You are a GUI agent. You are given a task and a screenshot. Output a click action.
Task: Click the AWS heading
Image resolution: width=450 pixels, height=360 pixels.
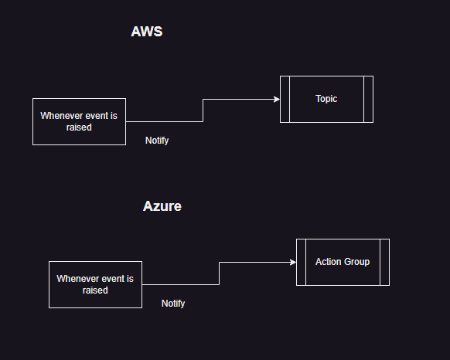pos(147,32)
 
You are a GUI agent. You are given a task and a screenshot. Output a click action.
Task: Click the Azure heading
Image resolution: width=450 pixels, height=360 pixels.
pos(162,206)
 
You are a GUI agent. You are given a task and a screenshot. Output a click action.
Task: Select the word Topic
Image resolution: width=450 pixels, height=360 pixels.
pos(326,99)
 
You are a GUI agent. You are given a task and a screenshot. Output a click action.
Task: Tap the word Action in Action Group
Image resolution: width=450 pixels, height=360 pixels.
pos(329,262)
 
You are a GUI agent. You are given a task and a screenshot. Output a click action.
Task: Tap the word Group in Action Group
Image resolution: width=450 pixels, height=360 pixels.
pos(357,262)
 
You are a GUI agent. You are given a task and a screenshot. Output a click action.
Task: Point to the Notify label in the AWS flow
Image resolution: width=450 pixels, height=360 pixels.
pos(157,141)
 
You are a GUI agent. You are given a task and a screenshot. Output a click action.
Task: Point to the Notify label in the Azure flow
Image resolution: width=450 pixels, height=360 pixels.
pos(173,304)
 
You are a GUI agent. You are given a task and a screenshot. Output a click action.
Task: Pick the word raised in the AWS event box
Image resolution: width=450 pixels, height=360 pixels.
pos(79,127)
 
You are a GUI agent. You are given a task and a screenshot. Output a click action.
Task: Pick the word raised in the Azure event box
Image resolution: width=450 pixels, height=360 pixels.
pos(95,290)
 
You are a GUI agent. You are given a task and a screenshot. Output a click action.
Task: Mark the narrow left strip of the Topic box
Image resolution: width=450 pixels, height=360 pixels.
pos(285,99)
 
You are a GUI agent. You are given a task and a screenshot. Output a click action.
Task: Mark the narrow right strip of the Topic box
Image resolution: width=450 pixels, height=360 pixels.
pos(369,99)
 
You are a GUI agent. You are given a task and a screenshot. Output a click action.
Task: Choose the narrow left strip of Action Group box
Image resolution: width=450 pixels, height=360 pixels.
pos(301,262)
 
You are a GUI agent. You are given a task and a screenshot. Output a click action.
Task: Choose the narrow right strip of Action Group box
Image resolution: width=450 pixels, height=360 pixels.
pos(385,262)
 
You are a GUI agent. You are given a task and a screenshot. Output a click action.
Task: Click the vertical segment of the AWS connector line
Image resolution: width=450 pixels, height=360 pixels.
pos(203,110)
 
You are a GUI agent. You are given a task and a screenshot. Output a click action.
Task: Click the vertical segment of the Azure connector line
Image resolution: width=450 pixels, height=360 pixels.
pos(220,273)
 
